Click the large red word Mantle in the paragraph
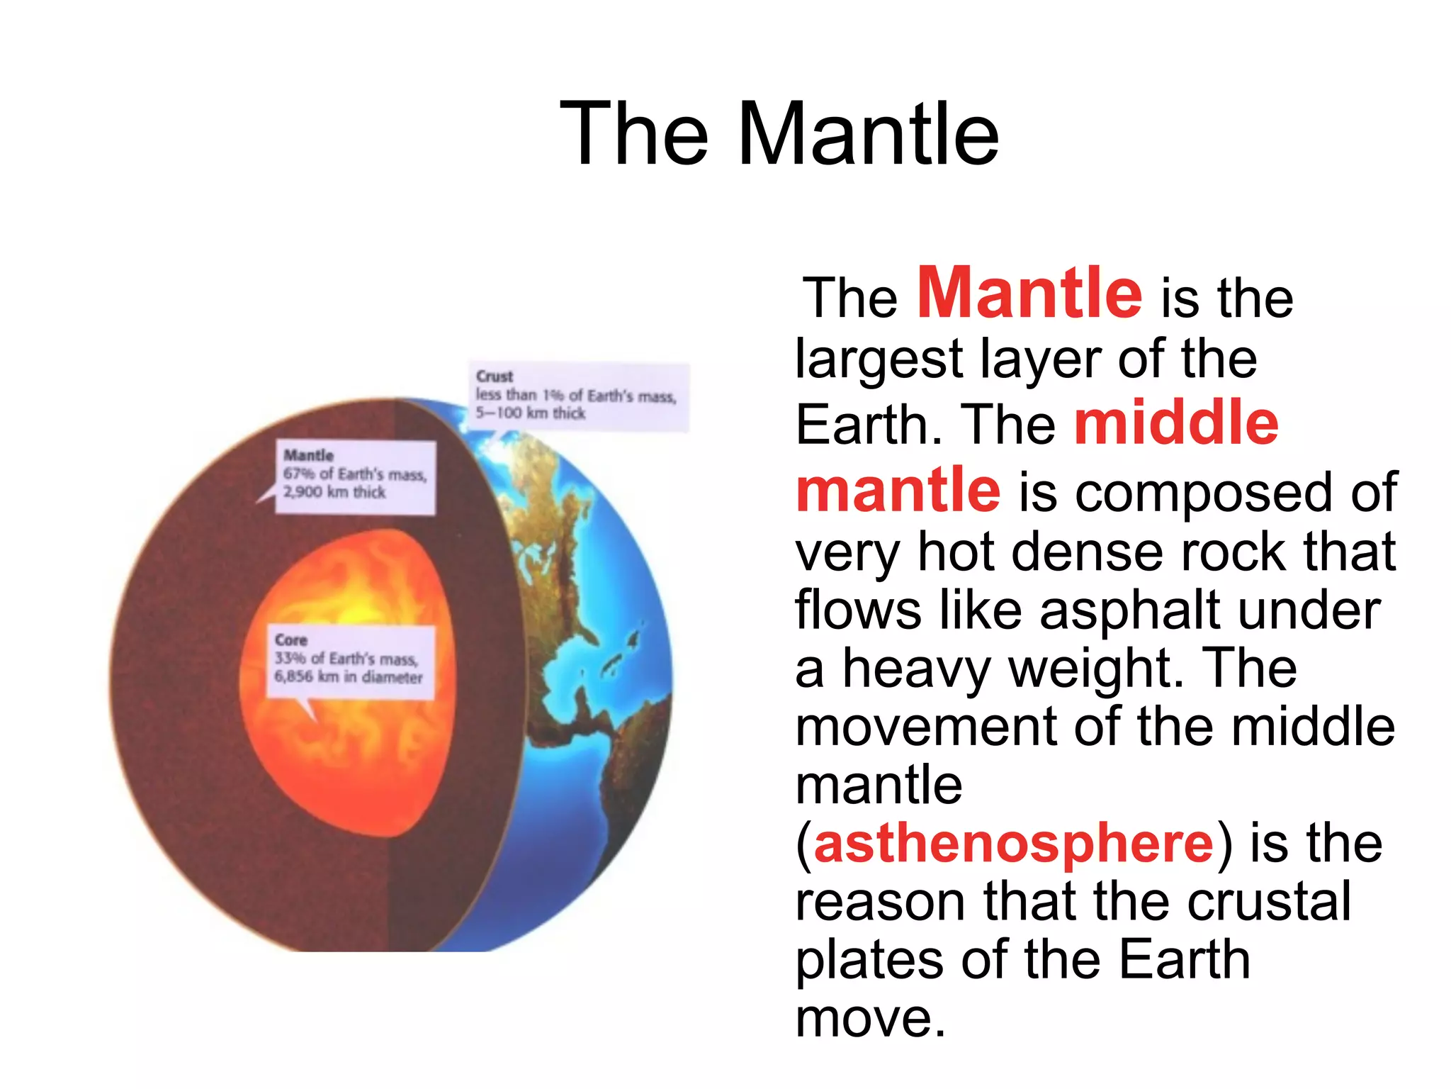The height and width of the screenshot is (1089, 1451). click(1029, 294)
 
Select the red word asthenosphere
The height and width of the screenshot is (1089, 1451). click(1014, 844)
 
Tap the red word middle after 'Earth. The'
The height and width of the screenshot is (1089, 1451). click(1176, 423)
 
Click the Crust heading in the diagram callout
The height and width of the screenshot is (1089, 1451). click(495, 376)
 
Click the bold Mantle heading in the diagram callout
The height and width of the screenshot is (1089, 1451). click(308, 455)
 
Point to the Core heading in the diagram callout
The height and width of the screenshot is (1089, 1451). click(290, 640)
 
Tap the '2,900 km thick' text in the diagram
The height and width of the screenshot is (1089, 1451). click(334, 492)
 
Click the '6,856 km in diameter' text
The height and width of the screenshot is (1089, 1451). click(349, 677)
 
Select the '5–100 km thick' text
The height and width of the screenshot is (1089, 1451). click(531, 413)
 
